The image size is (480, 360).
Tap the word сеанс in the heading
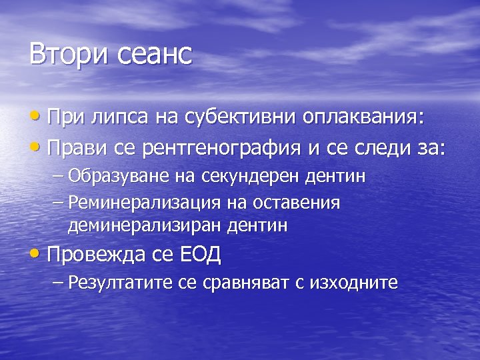coord(156,54)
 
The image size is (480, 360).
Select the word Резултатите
coord(121,283)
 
